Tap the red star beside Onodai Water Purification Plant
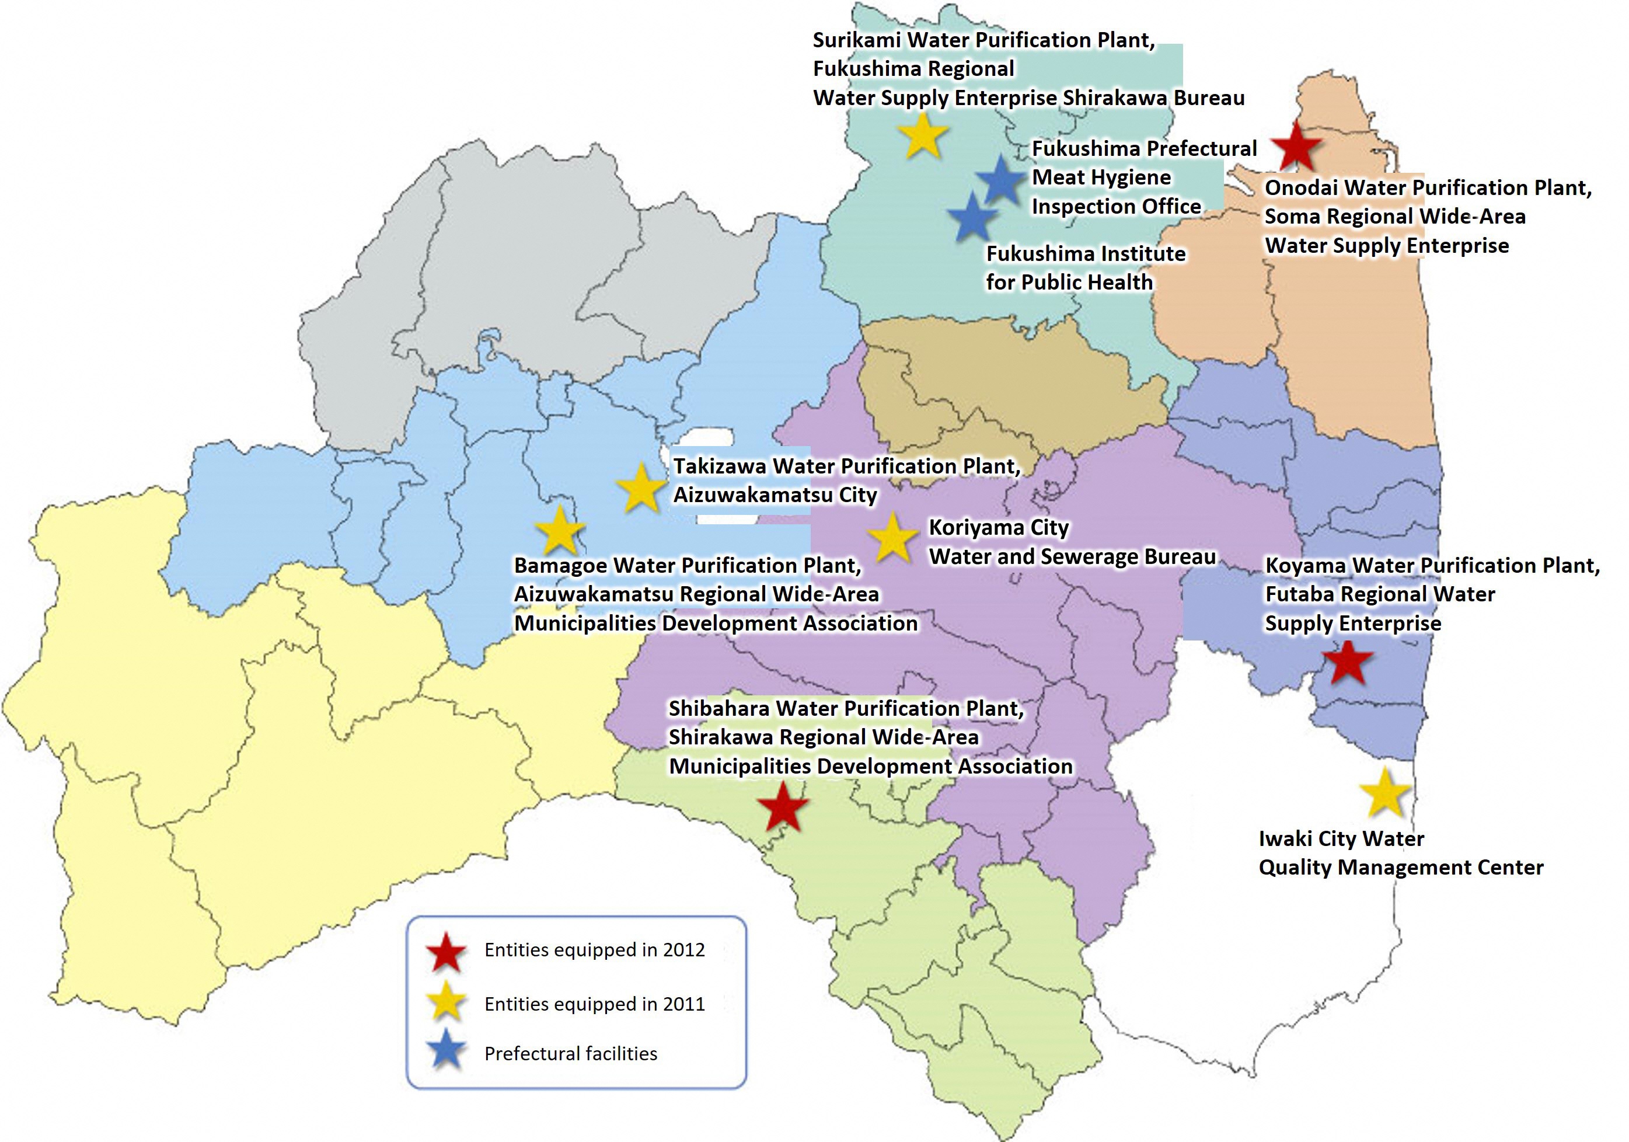click(1296, 146)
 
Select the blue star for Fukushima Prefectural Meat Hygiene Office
click(1001, 180)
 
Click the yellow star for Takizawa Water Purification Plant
click(641, 488)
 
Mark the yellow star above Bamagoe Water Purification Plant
click(560, 530)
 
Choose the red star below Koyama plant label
click(1349, 662)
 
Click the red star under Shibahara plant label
click(783, 806)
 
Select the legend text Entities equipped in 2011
click(595, 1004)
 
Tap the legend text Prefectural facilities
click(570, 1054)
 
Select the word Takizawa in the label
click(718, 466)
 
